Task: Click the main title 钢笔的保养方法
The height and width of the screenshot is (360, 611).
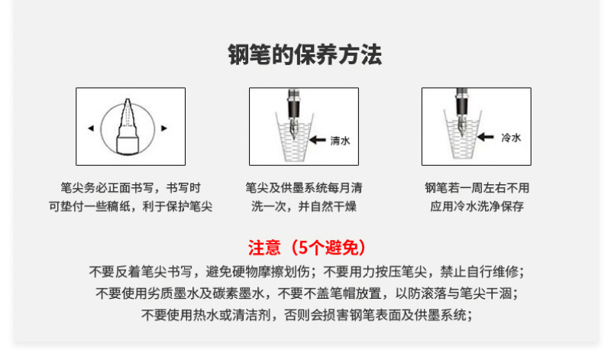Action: (x=305, y=54)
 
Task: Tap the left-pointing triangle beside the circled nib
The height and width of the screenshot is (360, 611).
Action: (x=91, y=128)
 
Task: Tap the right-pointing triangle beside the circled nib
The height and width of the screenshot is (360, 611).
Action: (x=164, y=128)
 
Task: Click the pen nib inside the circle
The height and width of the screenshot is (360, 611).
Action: (x=128, y=126)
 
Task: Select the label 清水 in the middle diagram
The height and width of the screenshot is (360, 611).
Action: (x=340, y=141)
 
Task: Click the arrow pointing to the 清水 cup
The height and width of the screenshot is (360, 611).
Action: (x=318, y=140)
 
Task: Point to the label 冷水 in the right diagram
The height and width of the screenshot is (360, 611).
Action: (x=511, y=138)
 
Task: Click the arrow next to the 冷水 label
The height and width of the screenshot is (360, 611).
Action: (x=486, y=137)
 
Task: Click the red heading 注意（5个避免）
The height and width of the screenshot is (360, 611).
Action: (x=307, y=248)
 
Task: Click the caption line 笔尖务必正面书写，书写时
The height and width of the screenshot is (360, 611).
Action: (x=131, y=188)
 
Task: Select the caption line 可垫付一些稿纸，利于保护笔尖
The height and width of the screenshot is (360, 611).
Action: (x=131, y=206)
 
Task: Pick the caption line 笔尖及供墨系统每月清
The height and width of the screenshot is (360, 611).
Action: (x=304, y=188)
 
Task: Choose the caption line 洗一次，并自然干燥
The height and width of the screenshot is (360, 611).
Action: (x=304, y=206)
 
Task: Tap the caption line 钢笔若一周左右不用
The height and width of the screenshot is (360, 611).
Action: (x=477, y=188)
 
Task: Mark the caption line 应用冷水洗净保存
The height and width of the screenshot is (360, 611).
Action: (x=477, y=206)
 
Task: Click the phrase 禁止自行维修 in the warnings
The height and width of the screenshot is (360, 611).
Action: (x=480, y=271)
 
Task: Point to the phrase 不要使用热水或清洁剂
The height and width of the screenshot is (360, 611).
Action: (x=206, y=315)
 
